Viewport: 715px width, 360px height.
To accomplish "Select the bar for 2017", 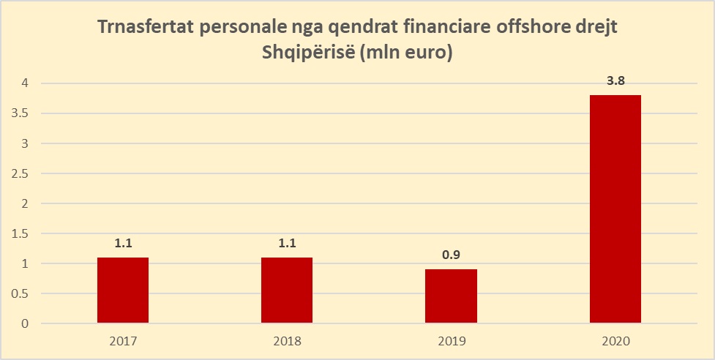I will [123, 290].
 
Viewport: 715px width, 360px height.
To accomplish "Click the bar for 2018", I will [287, 290].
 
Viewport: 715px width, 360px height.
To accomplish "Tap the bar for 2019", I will [452, 296].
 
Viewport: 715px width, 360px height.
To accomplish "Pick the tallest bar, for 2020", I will [615, 209].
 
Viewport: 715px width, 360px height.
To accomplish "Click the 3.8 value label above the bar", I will [615, 81].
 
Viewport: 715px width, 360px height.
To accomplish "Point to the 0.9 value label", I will [452, 255].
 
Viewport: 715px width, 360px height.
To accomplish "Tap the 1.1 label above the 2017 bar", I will [123, 244].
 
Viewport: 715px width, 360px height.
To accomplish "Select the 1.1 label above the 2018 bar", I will [287, 244].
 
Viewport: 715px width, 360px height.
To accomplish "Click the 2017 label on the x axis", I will [123, 341].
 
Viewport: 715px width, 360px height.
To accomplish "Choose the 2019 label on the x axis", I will [452, 341].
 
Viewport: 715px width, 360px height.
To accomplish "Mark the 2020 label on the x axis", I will [615, 341].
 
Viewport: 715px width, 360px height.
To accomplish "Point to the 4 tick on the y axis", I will [25, 83].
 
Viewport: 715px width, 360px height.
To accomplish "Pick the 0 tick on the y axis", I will [25, 323].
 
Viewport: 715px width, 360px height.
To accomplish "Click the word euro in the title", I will [424, 55].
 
